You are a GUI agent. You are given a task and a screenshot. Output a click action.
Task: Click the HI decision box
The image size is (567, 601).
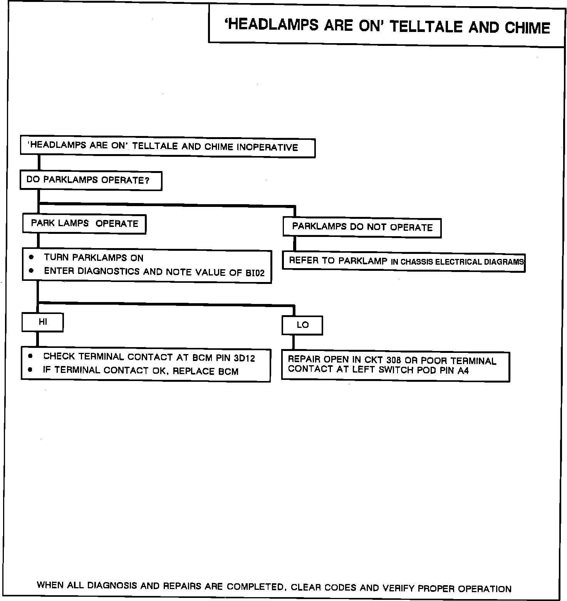[x=42, y=322]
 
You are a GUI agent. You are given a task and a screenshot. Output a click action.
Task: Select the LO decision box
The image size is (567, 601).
[x=302, y=325]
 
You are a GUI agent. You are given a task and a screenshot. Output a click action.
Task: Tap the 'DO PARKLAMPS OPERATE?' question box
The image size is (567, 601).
[x=91, y=180]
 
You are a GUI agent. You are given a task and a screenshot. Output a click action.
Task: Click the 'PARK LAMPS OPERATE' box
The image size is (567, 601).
[x=84, y=224]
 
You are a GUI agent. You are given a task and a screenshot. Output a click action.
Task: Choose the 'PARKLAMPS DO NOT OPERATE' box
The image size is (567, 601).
[x=362, y=227]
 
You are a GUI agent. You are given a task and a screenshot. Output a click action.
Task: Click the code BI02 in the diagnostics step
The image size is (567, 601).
[x=255, y=273]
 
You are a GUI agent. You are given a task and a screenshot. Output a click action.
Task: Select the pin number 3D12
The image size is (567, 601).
[x=244, y=358]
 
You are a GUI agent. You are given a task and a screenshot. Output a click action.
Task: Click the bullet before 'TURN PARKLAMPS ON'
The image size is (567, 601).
[x=31, y=257]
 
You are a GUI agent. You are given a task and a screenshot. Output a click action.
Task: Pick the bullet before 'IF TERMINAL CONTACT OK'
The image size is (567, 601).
[x=30, y=370]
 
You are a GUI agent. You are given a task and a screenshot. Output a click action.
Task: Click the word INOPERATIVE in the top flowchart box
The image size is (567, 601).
[x=267, y=148]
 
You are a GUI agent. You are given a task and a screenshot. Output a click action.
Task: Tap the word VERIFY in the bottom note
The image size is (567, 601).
[x=398, y=588]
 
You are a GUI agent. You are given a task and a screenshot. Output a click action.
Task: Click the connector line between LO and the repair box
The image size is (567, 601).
[x=294, y=342]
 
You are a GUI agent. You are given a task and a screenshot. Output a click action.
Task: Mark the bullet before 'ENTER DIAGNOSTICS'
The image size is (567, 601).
[x=31, y=270]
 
